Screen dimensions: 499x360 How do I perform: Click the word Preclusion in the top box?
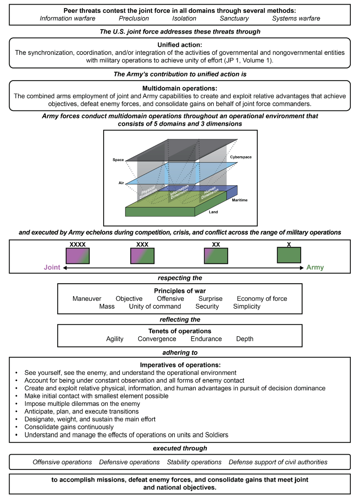[134, 18]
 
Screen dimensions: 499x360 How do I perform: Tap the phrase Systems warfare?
[296, 18]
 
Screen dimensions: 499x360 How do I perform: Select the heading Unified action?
[180, 45]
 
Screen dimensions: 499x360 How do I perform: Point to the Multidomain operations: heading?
[180, 88]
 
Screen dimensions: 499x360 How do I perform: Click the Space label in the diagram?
[118, 160]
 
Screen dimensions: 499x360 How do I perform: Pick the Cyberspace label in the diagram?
[240, 157]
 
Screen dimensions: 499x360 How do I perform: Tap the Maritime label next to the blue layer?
[239, 200]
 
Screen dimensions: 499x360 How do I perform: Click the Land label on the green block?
[213, 212]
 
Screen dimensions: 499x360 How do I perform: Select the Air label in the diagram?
[121, 183]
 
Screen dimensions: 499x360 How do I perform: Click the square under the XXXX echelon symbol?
[77, 256]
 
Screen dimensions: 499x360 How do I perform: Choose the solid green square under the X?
[289, 255]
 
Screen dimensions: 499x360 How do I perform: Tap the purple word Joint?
[52, 268]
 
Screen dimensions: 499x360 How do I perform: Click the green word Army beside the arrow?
[315, 268]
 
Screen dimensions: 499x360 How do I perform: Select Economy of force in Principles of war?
[262, 299]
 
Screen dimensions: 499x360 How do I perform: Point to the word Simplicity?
[246, 307]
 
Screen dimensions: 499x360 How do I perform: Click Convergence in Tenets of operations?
[157, 339]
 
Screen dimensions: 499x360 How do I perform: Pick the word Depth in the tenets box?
[245, 339]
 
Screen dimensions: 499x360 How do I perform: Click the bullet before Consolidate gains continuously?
[17, 427]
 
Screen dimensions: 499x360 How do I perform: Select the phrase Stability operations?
[194, 462]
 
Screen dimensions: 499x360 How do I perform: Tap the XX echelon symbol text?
[216, 244]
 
